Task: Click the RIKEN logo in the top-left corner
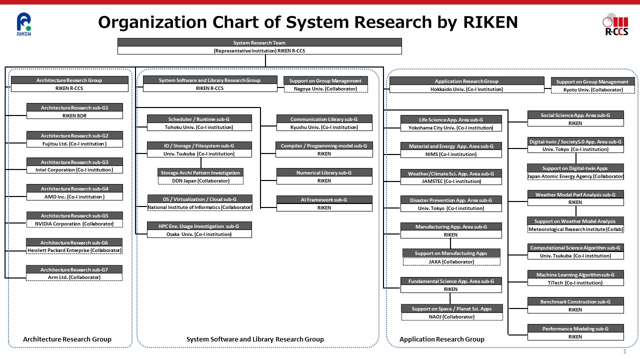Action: (x=23, y=24)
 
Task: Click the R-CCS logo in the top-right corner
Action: (x=616, y=25)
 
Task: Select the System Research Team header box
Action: (x=259, y=42)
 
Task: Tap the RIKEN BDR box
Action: (x=74, y=115)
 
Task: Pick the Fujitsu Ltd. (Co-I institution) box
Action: (x=74, y=143)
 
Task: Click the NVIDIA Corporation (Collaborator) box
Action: (x=74, y=223)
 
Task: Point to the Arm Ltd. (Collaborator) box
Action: (x=74, y=277)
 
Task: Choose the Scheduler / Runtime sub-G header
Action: (x=199, y=119)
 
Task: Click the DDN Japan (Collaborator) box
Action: (x=200, y=180)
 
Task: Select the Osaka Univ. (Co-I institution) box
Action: (x=199, y=234)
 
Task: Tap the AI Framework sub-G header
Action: (x=324, y=199)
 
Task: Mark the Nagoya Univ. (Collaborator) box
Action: (x=325, y=88)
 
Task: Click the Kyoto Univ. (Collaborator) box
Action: (x=593, y=89)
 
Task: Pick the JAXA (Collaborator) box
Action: (x=451, y=261)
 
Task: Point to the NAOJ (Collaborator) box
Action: (x=452, y=316)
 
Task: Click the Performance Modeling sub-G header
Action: (x=575, y=328)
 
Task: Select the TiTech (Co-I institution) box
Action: (x=575, y=282)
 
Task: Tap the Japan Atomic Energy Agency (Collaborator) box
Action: (x=575, y=176)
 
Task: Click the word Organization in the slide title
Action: (x=152, y=22)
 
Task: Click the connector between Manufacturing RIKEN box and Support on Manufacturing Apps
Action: (x=450, y=243)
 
